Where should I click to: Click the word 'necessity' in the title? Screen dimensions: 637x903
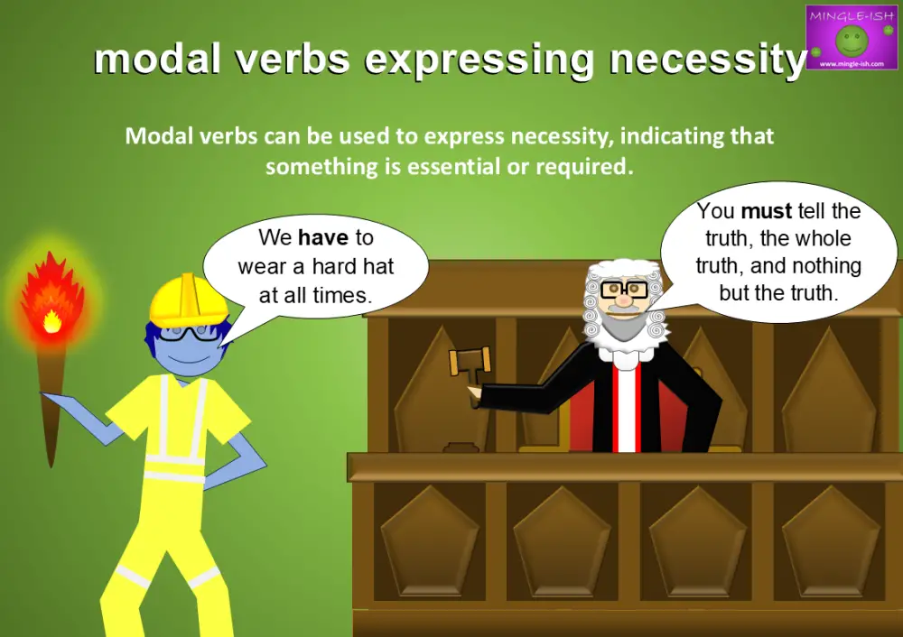(707, 60)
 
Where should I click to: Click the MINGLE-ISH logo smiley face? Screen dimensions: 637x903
(850, 39)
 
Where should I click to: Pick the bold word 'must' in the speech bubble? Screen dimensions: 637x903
(766, 212)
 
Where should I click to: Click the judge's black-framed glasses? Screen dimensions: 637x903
(624, 289)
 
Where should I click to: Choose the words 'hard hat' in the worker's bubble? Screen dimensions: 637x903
(353, 266)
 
